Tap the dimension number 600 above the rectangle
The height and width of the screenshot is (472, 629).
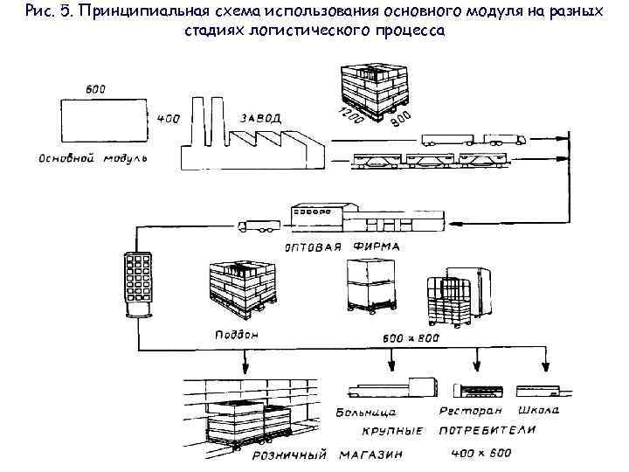96,88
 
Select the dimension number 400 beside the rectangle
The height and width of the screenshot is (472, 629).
169,118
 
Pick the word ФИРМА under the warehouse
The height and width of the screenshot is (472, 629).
377,246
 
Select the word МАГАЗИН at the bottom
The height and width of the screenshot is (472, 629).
364,454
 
